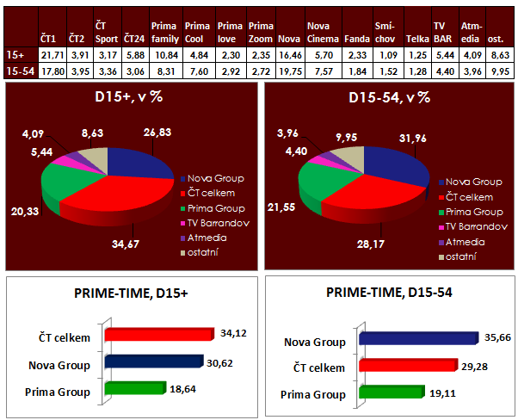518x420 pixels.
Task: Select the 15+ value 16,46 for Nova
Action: click(x=292, y=54)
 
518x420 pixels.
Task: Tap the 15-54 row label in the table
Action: click(x=19, y=71)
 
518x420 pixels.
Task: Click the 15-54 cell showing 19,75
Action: click(x=292, y=71)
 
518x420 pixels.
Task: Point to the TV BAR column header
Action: click(x=442, y=33)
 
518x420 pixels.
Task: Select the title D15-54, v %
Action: click(x=388, y=97)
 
